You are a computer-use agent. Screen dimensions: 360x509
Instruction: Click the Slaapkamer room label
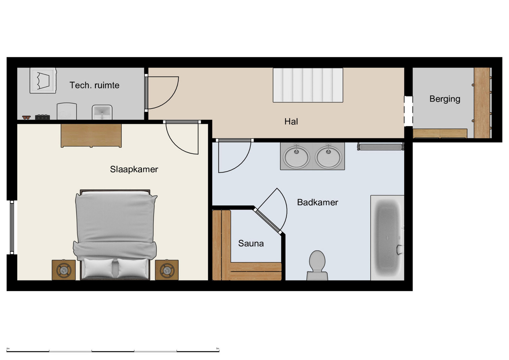[134, 169]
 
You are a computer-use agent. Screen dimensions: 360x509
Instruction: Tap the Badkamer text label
[317, 202]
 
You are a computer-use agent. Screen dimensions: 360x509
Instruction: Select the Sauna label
[251, 243]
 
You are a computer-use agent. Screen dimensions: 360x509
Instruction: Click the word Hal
[291, 121]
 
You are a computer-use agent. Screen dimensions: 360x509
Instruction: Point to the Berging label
[444, 99]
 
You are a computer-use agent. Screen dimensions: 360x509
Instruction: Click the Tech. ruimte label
[95, 85]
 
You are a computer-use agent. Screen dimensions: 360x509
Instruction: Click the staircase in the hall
[308, 85]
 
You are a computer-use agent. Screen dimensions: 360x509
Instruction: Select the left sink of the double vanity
[297, 156]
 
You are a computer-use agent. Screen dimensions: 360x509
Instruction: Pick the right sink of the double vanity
[328, 156]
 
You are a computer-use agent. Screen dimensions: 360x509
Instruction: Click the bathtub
[387, 238]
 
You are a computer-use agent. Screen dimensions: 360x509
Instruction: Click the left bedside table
[64, 270]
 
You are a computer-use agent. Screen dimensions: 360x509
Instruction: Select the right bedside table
[167, 270]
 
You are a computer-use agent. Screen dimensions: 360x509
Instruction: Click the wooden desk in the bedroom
[91, 135]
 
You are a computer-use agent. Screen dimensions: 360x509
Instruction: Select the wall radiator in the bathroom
[381, 147]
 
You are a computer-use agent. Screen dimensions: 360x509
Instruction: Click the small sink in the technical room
[102, 112]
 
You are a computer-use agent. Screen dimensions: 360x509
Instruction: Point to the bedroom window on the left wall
[12, 227]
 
